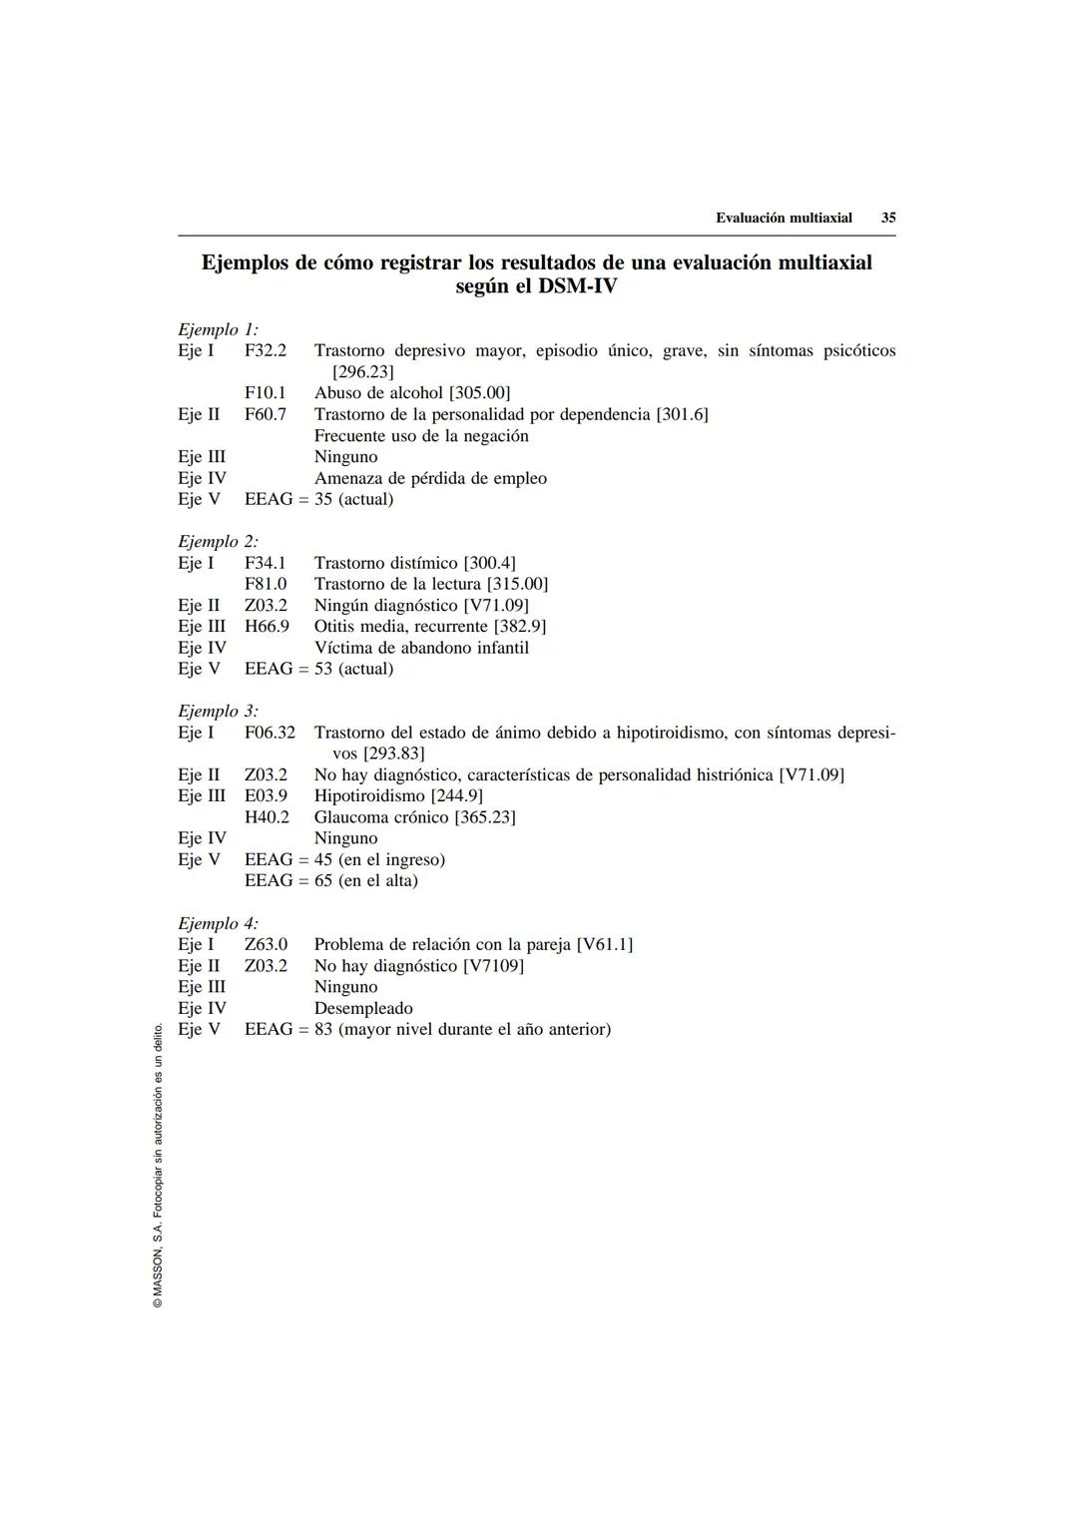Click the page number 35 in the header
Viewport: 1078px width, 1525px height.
pyautogui.click(x=887, y=218)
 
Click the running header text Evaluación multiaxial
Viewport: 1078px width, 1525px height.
pyautogui.click(x=784, y=218)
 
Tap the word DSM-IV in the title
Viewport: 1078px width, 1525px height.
pyautogui.click(x=577, y=286)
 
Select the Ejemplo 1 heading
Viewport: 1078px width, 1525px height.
pyautogui.click(x=218, y=329)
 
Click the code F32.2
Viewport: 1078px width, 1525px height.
pyautogui.click(x=266, y=350)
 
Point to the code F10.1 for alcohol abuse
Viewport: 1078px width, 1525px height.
pyautogui.click(x=266, y=393)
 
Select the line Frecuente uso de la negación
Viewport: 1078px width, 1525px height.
pyautogui.click(x=421, y=436)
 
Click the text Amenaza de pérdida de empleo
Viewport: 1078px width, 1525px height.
pyautogui.click(x=430, y=478)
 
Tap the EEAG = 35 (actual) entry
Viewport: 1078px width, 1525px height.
pyautogui.click(x=318, y=499)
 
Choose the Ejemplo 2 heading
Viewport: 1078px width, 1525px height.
pyautogui.click(x=218, y=542)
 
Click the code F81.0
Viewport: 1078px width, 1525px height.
pyautogui.click(x=266, y=584)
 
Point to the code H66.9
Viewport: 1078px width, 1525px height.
pyautogui.click(x=267, y=626)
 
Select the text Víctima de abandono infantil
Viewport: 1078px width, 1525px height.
pyautogui.click(x=421, y=648)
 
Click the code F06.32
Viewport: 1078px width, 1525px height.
pyautogui.click(x=269, y=733)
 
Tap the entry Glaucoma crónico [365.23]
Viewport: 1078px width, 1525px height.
pyautogui.click(x=414, y=817)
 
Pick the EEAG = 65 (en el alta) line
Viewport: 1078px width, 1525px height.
pyautogui.click(x=331, y=880)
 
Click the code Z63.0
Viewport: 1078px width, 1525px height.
pyautogui.click(x=266, y=944)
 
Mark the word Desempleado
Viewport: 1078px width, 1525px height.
pyautogui.click(x=363, y=1008)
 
